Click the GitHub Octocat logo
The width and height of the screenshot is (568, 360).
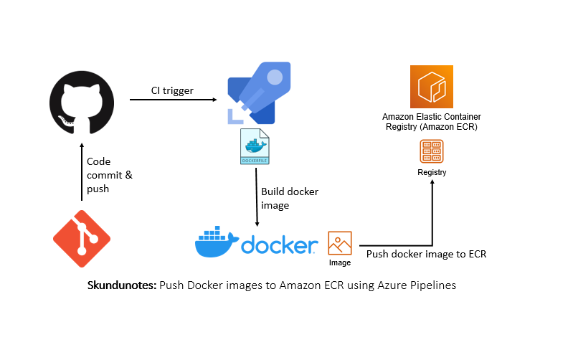coord(82,103)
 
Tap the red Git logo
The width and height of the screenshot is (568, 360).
coord(82,239)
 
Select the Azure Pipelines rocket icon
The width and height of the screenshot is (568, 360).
coord(259,93)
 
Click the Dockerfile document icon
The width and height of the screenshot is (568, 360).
coord(255,146)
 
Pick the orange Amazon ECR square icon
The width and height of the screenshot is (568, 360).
coord(432,87)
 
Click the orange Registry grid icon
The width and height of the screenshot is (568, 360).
coord(432,151)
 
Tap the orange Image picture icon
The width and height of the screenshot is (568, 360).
coord(340,243)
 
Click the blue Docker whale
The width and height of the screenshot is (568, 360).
coord(217,242)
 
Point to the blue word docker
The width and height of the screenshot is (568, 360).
coord(279,245)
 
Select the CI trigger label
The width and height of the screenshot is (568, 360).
coord(172,90)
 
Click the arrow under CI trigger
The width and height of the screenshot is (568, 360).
coord(173,100)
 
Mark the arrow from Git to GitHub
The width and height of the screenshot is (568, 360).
coord(82,171)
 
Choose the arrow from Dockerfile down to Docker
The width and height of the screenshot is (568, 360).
coord(257,197)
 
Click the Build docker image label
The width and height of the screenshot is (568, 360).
coord(290,199)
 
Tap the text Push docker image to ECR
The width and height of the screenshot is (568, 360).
coord(426,254)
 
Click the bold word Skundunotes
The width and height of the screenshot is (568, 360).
coord(122,285)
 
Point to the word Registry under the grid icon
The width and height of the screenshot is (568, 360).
coord(432,172)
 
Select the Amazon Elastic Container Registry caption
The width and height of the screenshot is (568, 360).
coord(432,122)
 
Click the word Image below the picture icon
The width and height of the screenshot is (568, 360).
coord(340,262)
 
